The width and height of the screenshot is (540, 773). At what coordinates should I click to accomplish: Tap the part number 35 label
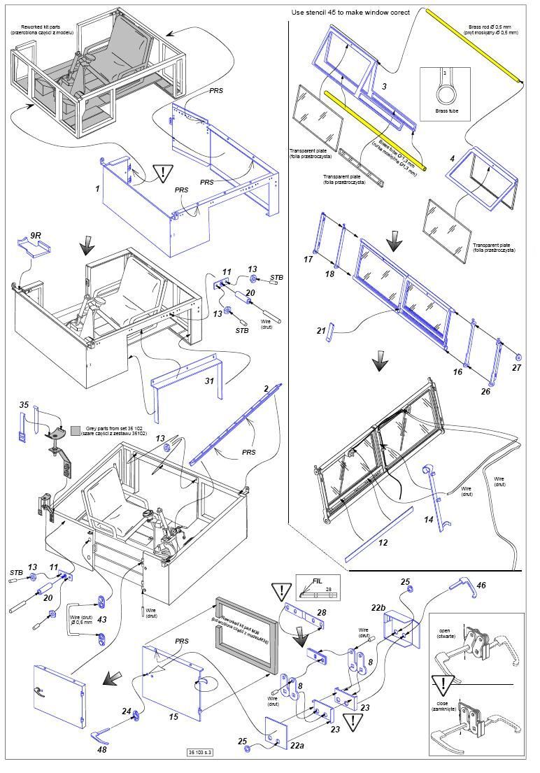tap(23, 405)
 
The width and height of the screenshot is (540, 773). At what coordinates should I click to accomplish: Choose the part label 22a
tap(298, 746)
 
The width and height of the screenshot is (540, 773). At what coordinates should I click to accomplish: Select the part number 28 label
tap(321, 613)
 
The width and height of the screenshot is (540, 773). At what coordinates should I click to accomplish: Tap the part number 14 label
tap(429, 520)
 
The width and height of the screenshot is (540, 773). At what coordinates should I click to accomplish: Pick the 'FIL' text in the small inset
tap(318, 580)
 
